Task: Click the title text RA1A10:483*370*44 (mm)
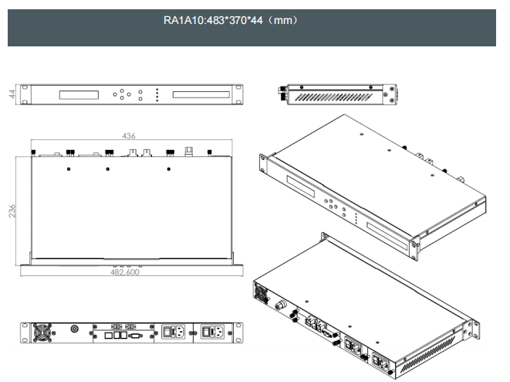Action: point(231,20)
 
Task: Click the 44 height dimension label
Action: point(12,94)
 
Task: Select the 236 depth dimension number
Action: point(12,211)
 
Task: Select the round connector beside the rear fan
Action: point(74,329)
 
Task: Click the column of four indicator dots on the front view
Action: point(157,94)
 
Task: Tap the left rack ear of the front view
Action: point(25,94)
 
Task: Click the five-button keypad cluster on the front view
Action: point(123,94)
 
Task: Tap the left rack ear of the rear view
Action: point(24,332)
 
